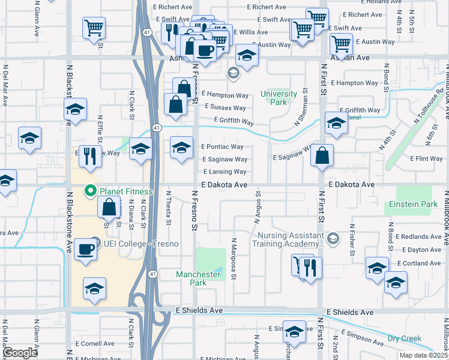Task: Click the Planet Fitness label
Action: point(126,192)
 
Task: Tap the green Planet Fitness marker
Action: point(91,192)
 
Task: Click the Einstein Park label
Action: point(412,205)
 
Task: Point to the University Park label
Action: point(279,98)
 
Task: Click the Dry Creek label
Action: point(404,338)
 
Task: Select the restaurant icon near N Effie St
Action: point(90,155)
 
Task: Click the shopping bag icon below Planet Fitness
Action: point(109,208)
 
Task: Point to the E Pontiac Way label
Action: point(222,146)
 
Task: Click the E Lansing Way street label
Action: point(225,172)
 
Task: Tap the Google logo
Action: point(20,353)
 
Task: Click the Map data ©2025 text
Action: point(424,355)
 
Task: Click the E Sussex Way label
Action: point(225,108)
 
